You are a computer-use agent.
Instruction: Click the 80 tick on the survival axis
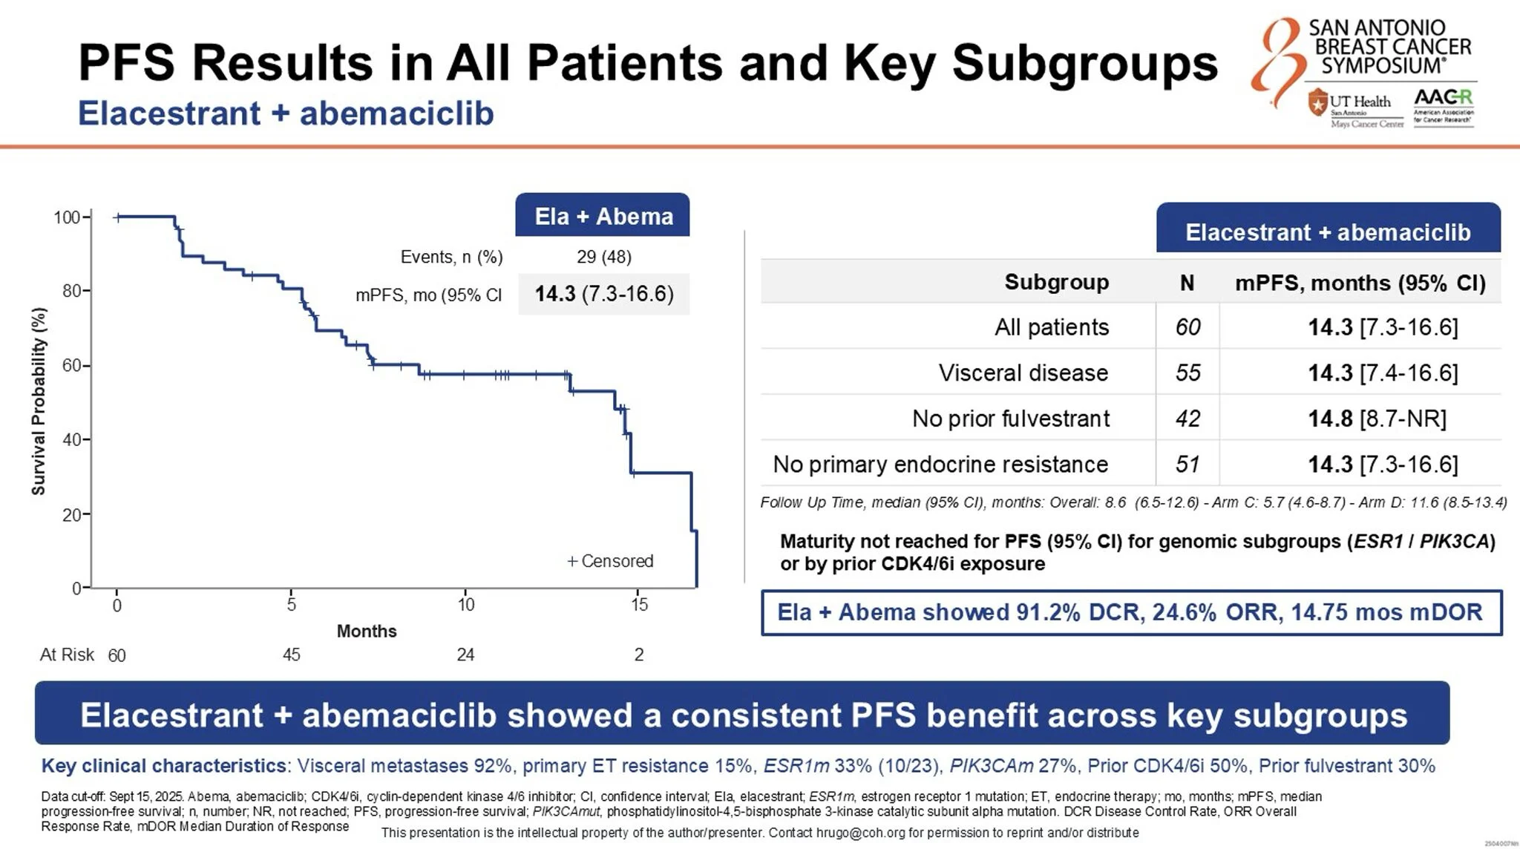click(x=73, y=291)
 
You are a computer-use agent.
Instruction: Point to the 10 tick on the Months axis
click(x=465, y=604)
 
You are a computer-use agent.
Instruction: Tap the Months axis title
click(x=367, y=631)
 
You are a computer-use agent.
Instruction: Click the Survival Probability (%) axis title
click(x=39, y=401)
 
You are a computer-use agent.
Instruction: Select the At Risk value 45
click(x=291, y=655)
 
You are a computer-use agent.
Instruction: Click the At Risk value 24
click(x=465, y=655)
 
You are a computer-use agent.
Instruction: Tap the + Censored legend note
click(x=610, y=561)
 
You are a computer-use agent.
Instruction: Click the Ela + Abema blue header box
click(x=603, y=216)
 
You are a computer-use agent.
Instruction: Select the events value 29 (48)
click(x=603, y=257)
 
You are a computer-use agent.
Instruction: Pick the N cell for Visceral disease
click(x=1187, y=373)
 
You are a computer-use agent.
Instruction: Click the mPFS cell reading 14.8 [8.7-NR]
click(x=1377, y=419)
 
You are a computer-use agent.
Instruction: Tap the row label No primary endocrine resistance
click(x=940, y=465)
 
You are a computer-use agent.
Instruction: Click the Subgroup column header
click(x=1056, y=282)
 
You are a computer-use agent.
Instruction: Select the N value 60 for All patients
click(x=1187, y=327)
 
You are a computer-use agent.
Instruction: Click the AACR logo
click(x=1443, y=107)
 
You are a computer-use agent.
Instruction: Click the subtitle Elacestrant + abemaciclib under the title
click(x=286, y=114)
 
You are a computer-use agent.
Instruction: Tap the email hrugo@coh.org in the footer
click(x=860, y=833)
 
